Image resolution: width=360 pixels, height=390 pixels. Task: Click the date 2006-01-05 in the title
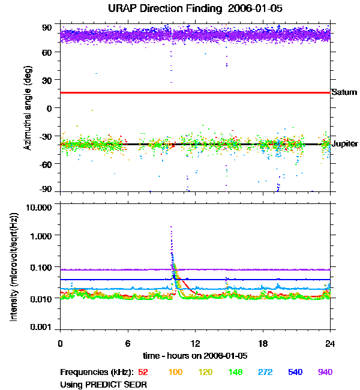tap(243, 10)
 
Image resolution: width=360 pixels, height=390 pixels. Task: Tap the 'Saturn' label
tap(344, 92)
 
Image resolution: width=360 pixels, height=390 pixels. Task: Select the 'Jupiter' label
tap(345, 144)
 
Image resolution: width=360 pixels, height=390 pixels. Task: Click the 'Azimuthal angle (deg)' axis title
tap(28, 108)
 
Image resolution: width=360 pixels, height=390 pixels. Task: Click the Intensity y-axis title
tap(13, 267)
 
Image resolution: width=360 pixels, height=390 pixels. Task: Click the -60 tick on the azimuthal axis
tap(46, 163)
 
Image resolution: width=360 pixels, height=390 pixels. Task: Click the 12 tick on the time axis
tap(195, 343)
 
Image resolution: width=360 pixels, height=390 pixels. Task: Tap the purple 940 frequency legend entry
tap(325, 373)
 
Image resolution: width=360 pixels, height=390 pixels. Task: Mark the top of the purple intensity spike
tap(172, 227)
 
